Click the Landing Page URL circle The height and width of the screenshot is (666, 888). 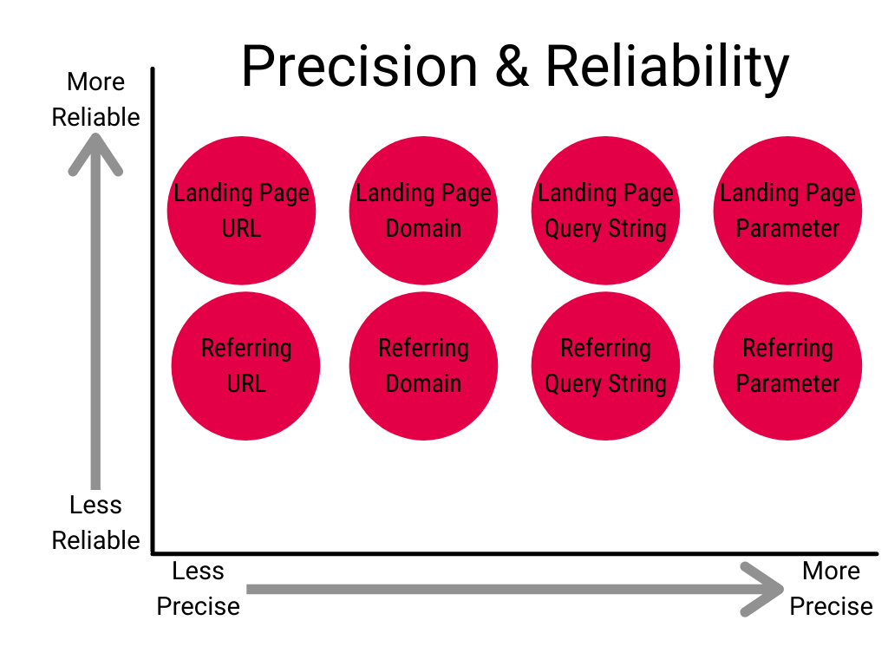(x=241, y=211)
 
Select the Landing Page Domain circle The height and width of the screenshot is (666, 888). (x=423, y=211)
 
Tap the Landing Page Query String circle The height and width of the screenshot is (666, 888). (x=605, y=211)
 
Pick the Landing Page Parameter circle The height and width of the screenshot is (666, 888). (x=787, y=211)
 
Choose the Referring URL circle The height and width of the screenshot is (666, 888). (x=245, y=366)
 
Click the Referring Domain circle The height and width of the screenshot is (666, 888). (x=423, y=366)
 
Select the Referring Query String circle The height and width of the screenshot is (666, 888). (x=605, y=366)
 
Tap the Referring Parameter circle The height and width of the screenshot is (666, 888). (x=787, y=366)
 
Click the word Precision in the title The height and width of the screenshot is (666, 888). (x=359, y=68)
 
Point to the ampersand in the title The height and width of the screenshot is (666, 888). (x=513, y=68)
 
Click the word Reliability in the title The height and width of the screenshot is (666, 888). (x=668, y=68)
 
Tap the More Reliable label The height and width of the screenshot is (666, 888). (x=95, y=100)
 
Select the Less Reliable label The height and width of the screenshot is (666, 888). (x=95, y=523)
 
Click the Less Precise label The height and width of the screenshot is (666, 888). (x=198, y=589)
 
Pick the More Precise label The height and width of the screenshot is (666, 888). (x=831, y=589)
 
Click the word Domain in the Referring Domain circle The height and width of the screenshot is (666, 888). (x=423, y=383)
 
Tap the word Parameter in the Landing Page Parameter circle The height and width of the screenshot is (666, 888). (x=787, y=229)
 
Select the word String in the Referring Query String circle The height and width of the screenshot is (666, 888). (x=638, y=383)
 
